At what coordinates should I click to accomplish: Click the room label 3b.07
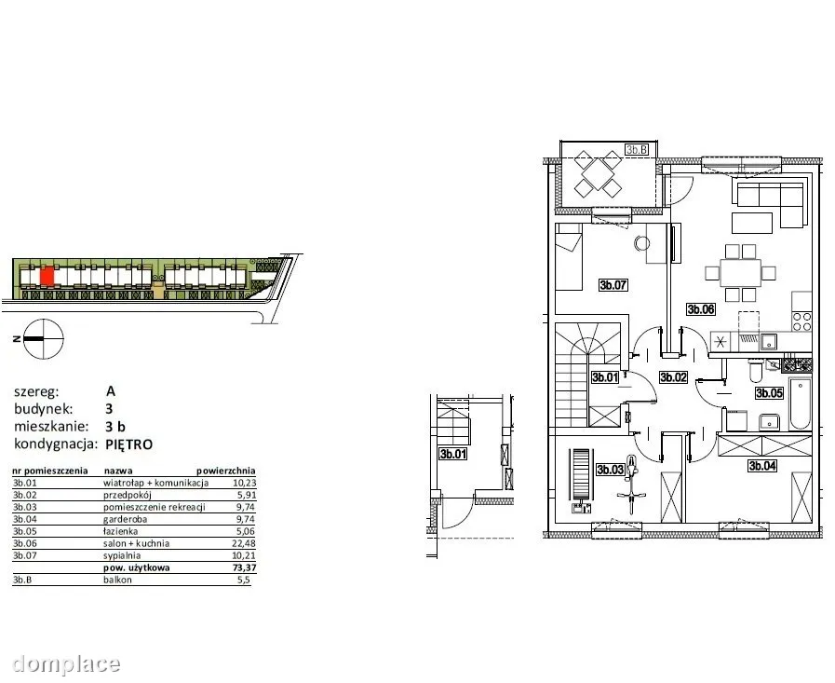click(x=613, y=285)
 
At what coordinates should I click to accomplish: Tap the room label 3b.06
click(x=700, y=309)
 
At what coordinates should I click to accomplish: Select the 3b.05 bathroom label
click(x=769, y=393)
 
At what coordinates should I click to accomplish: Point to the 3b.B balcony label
click(x=637, y=150)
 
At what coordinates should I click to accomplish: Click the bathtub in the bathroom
click(x=800, y=403)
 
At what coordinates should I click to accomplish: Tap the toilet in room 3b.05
click(x=756, y=371)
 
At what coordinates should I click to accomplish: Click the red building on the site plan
click(x=47, y=276)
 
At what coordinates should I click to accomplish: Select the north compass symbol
click(x=44, y=339)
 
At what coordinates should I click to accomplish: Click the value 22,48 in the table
click(x=245, y=543)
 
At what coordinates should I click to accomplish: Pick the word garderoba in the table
click(x=125, y=519)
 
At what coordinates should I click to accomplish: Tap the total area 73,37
click(x=245, y=567)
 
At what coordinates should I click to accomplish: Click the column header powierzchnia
click(x=226, y=471)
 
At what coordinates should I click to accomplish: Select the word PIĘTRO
click(x=129, y=444)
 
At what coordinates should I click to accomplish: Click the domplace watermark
click(x=67, y=663)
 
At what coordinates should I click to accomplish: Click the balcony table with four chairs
click(x=598, y=174)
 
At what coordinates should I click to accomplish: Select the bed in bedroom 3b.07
click(x=569, y=257)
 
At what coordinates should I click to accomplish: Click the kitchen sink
click(x=767, y=342)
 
